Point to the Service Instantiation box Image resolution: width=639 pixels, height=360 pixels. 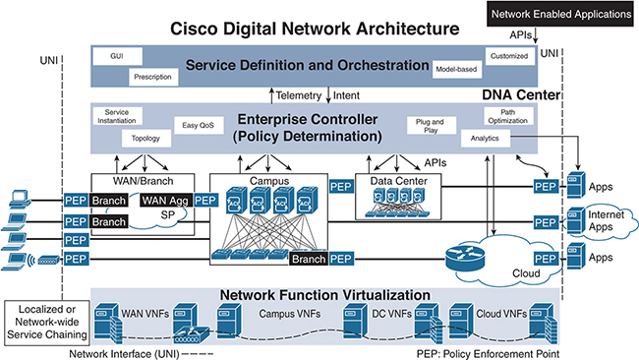117,115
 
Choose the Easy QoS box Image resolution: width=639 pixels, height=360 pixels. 198,125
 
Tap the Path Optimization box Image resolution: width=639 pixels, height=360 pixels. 508,117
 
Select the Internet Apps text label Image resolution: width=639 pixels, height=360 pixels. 610,217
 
